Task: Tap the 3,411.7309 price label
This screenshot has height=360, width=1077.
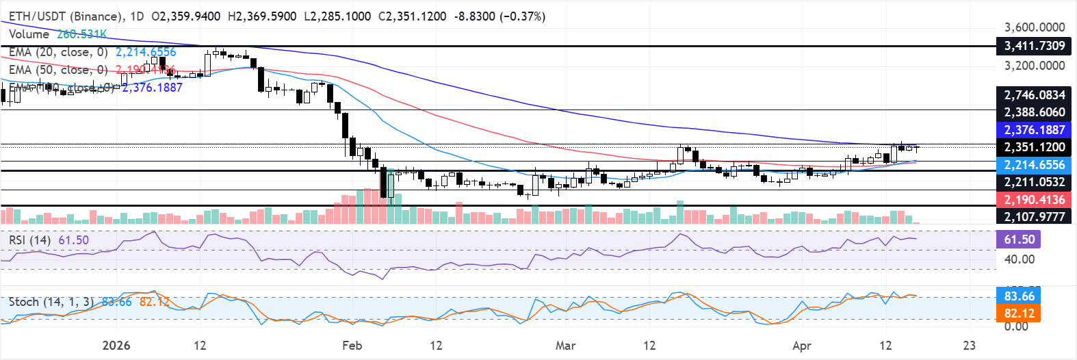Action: (x=1034, y=46)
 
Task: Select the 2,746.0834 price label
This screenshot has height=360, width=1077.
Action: (x=1034, y=95)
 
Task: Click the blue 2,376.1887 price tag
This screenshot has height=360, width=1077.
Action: (x=1034, y=130)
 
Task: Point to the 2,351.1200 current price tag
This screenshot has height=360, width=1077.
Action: (x=1034, y=147)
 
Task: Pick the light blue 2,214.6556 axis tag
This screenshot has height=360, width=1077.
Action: (x=1034, y=165)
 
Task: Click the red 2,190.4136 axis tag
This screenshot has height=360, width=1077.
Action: (x=1034, y=200)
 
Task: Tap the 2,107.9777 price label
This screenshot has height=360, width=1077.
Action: (x=1034, y=217)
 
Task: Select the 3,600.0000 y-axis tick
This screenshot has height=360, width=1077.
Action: (x=1034, y=27)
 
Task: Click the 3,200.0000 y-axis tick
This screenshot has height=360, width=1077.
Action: (x=1034, y=66)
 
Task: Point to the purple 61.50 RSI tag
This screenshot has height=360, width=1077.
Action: (x=1019, y=240)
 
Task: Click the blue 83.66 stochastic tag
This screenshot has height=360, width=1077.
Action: (x=1019, y=296)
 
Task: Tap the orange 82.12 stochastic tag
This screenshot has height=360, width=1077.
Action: (x=1019, y=313)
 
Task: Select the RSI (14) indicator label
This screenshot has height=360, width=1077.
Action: (x=29, y=240)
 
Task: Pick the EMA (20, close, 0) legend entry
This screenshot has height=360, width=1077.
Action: (x=58, y=52)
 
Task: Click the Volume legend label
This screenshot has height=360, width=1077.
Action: (x=29, y=34)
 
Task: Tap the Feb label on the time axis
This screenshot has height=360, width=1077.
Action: (x=352, y=346)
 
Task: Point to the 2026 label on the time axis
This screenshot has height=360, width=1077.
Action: (x=116, y=346)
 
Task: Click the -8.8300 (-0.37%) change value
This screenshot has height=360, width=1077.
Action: (x=499, y=16)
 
